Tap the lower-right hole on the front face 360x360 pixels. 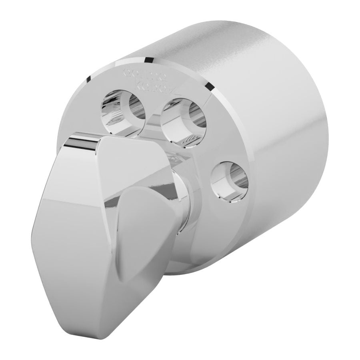coord(229,182)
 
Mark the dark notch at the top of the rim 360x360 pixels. coord(149,60)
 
